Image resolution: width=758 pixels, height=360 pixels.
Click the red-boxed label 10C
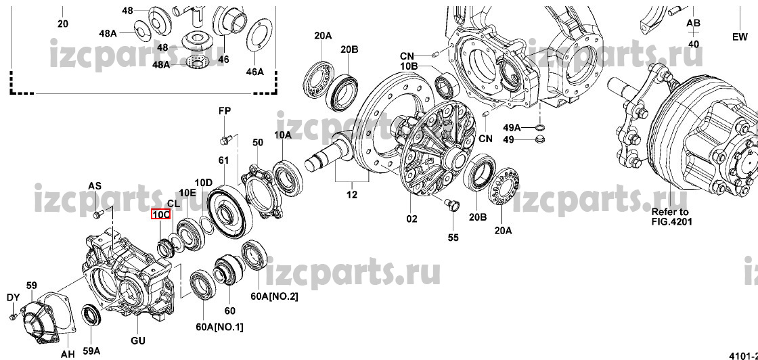160,215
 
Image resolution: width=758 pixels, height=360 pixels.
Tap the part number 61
223,160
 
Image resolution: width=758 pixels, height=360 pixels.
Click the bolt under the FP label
225,139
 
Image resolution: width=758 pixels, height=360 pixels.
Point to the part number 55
453,237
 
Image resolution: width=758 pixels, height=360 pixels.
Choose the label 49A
512,127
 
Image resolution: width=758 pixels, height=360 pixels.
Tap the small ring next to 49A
540,127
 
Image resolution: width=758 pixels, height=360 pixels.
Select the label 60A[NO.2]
274,296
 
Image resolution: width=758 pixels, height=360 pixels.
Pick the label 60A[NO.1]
220,328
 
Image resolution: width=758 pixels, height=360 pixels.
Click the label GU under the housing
138,340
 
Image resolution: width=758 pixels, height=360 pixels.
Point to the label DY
12,297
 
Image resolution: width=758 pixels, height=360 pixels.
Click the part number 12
351,196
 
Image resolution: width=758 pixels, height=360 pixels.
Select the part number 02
411,219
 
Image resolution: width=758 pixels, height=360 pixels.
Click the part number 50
258,142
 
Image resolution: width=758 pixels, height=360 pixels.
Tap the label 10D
204,182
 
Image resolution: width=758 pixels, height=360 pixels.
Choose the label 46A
254,71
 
